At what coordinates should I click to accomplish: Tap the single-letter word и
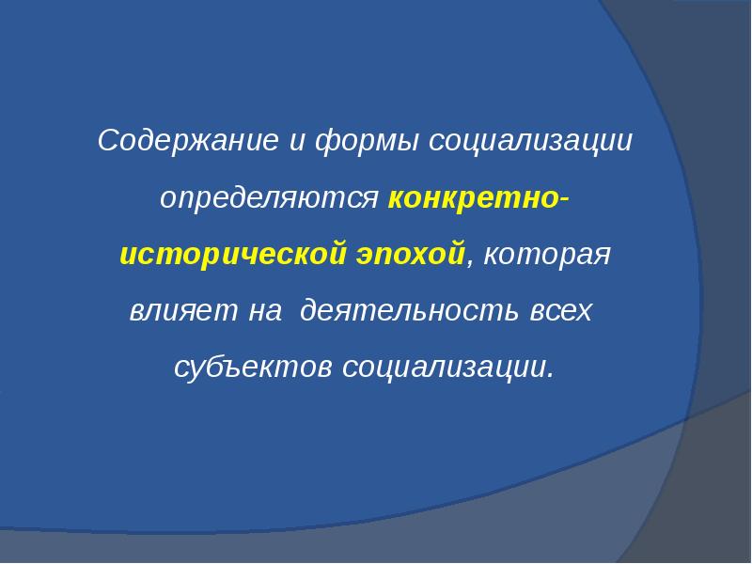click(296, 144)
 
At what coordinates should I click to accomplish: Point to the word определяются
click(269, 199)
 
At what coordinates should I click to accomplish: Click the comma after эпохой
click(471, 263)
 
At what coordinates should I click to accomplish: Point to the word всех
click(558, 311)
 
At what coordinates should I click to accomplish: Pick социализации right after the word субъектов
click(443, 366)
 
